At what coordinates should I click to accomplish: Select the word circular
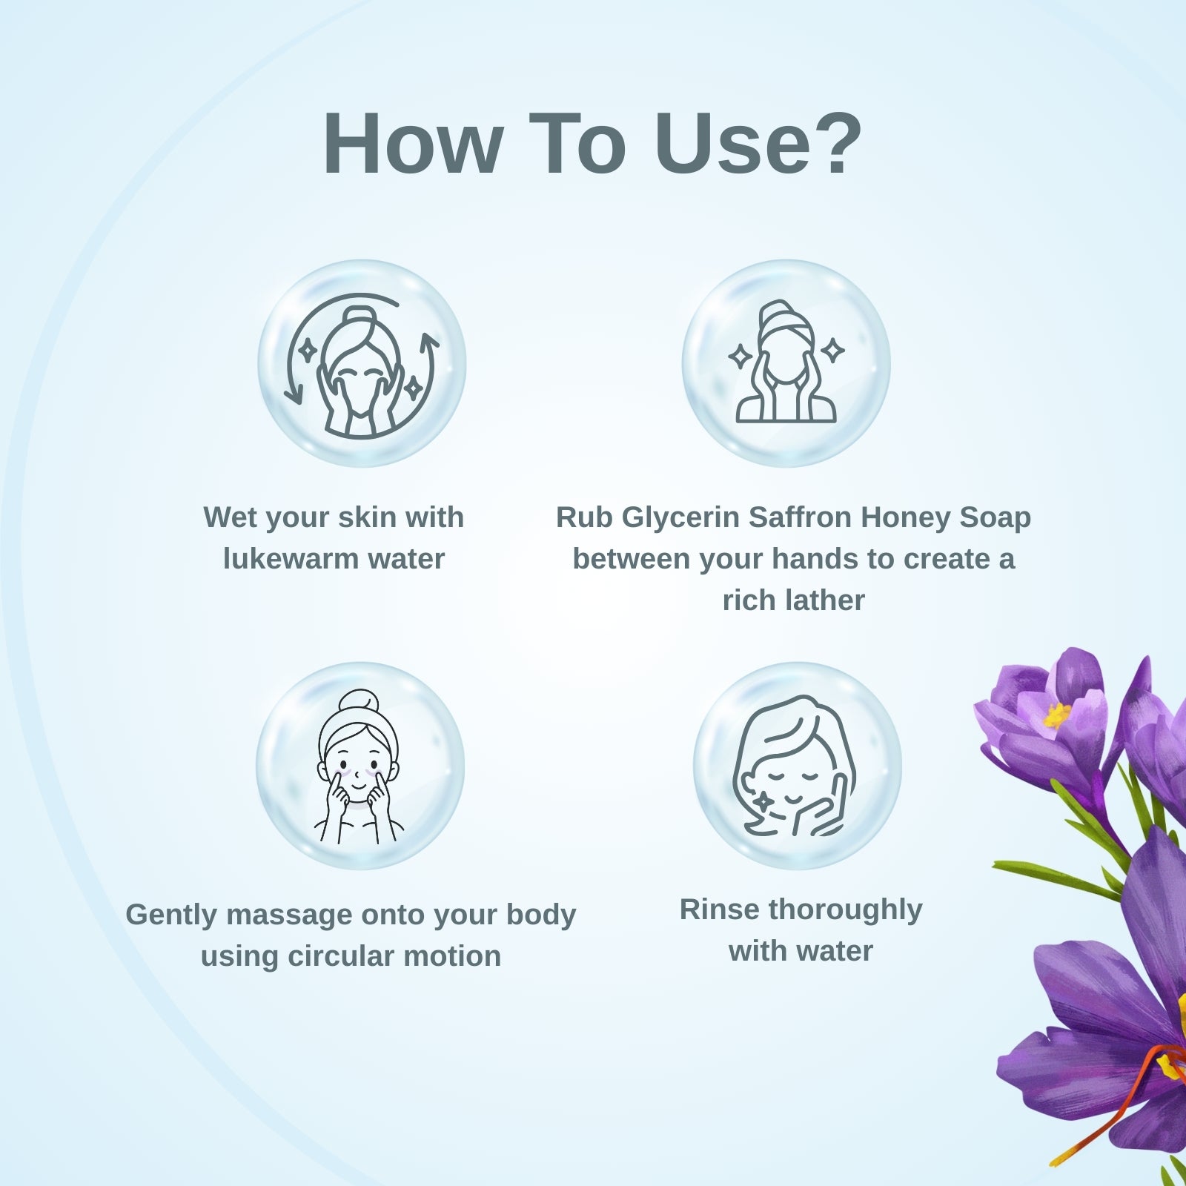pos(340,956)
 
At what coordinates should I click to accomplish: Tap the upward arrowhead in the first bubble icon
pos(429,342)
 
